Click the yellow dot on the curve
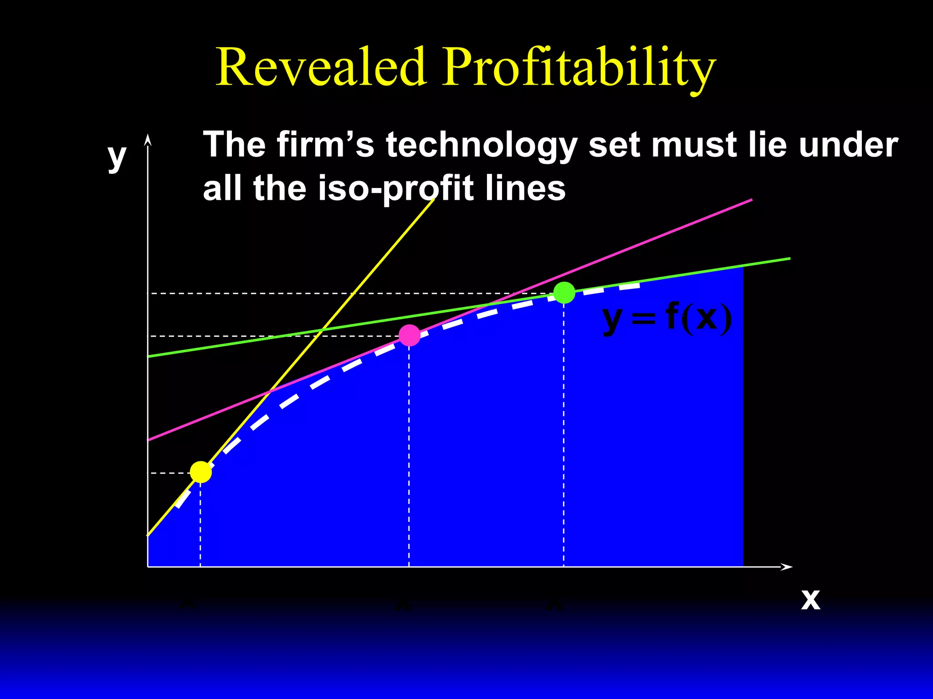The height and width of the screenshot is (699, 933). (x=201, y=472)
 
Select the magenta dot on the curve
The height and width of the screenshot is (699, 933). (x=410, y=335)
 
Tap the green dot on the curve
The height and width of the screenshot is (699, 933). (x=564, y=293)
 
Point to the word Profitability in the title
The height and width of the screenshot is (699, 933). (x=579, y=68)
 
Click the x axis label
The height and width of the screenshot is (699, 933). (x=810, y=599)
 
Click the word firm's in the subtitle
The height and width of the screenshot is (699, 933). (x=325, y=145)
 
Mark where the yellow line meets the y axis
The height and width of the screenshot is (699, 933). (x=148, y=535)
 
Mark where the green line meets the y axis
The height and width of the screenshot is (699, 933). (x=148, y=356)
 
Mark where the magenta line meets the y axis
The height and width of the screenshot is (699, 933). (x=148, y=440)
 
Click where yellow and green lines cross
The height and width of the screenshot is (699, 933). (x=322, y=329)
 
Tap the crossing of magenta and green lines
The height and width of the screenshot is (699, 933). (x=490, y=304)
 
